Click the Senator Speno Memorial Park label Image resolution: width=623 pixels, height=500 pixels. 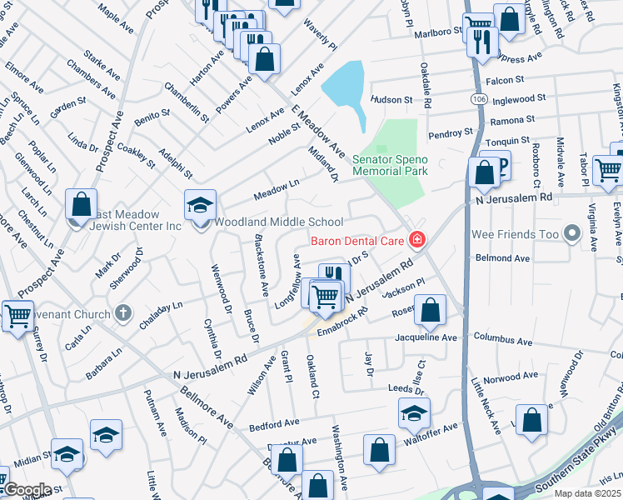[390, 165]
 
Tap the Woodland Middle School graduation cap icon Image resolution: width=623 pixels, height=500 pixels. [201, 205]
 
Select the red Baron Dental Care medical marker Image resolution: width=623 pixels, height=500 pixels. [416, 241]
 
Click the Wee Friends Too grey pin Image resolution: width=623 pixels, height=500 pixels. [572, 234]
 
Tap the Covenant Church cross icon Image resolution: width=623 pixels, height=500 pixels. [122, 314]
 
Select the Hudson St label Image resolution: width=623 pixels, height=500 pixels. [391, 99]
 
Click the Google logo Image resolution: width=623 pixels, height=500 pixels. [27, 490]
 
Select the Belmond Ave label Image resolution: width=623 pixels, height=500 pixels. [502, 258]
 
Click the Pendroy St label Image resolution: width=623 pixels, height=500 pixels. [450, 132]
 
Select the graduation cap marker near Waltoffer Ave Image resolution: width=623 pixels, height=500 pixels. [414, 412]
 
